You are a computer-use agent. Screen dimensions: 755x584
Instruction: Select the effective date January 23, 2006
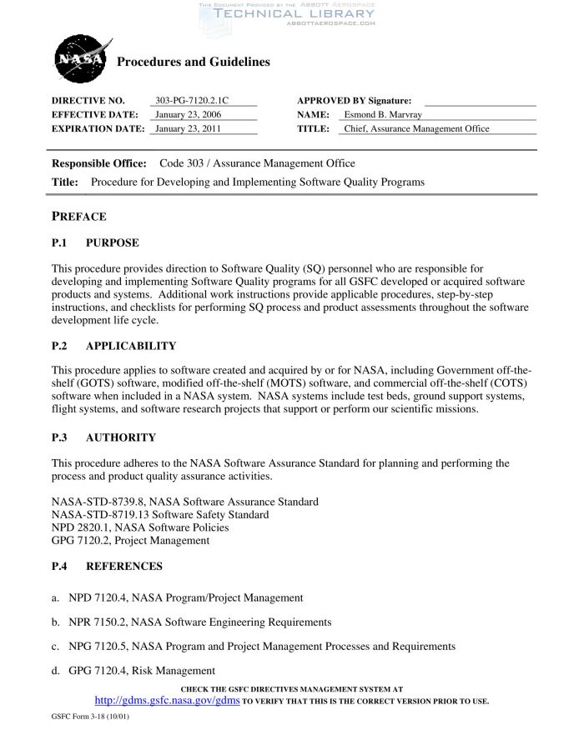(188, 114)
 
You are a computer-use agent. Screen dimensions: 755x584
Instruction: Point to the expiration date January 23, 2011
(188, 128)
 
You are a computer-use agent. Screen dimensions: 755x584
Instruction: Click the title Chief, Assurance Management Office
(416, 128)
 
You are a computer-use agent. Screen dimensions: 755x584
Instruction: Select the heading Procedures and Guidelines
(193, 62)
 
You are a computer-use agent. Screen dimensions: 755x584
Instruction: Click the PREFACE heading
(79, 217)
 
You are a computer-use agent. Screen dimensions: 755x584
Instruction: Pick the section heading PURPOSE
(113, 242)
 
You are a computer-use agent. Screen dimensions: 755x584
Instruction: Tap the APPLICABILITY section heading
(131, 346)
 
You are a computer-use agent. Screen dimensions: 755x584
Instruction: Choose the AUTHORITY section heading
(121, 437)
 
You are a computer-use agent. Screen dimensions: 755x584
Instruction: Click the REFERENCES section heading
(124, 566)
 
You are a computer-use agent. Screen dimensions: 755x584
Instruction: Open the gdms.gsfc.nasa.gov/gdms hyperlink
(168, 701)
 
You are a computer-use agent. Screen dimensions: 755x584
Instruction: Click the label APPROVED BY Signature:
(354, 100)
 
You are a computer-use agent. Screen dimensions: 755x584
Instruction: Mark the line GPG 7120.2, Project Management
(130, 540)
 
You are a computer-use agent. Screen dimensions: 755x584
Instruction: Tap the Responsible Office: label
(99, 163)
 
